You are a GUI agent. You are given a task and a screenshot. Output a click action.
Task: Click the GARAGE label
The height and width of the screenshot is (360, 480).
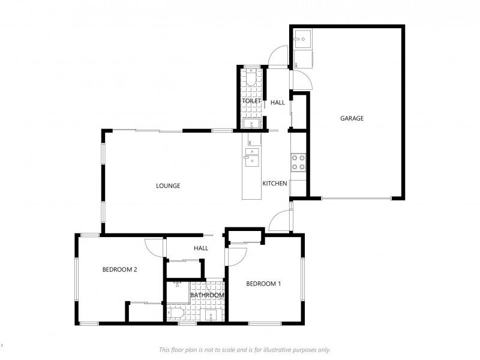352,118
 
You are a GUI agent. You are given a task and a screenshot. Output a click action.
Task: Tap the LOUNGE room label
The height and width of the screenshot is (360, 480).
168,186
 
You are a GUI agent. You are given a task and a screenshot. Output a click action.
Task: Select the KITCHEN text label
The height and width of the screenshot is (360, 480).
275,184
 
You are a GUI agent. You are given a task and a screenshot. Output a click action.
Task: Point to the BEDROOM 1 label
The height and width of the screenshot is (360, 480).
263,284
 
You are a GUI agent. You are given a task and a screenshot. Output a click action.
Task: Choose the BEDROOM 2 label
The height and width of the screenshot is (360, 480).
119,269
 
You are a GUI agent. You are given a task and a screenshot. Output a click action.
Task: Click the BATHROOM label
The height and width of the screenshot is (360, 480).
207,295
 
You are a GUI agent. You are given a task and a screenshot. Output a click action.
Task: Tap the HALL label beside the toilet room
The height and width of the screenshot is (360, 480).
278,103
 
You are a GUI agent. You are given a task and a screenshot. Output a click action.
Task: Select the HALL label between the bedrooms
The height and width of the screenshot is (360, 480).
201,248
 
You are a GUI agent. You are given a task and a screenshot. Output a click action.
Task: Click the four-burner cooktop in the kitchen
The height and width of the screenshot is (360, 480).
298,162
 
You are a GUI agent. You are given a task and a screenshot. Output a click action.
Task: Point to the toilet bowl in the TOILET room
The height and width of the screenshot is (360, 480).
251,77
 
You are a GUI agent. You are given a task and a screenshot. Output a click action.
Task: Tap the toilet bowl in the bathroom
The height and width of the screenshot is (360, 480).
175,313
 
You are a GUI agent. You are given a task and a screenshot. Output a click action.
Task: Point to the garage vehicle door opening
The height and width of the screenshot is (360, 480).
356,199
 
